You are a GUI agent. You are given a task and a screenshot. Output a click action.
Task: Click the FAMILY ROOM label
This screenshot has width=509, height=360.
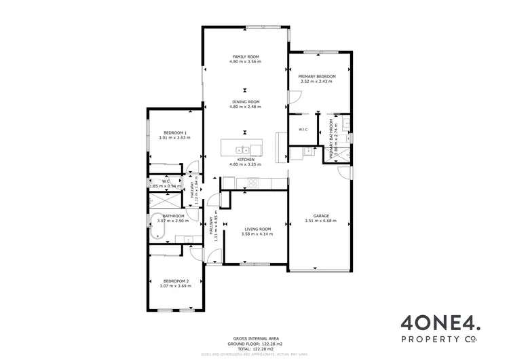point(246,56)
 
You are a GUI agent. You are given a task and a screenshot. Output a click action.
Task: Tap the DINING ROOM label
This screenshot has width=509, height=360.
point(246,102)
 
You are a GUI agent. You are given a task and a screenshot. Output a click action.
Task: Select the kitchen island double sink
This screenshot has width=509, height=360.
point(242,149)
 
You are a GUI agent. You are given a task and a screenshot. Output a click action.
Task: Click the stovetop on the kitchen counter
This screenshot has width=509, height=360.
point(254,182)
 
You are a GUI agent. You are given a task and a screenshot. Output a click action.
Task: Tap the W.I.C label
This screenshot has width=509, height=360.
point(303,129)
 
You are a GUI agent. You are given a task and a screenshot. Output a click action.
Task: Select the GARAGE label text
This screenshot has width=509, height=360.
point(321,215)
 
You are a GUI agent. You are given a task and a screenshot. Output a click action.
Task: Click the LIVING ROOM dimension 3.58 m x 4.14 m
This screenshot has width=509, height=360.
point(258,234)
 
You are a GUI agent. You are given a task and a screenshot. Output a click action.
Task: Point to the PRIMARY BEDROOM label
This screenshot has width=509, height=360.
point(318,77)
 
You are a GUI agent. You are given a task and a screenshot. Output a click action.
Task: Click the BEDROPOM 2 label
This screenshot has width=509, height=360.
point(175,281)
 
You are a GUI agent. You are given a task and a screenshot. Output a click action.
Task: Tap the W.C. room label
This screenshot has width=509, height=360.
point(166,181)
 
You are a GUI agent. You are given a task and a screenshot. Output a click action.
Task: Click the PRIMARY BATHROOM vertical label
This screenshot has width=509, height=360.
point(333,139)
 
